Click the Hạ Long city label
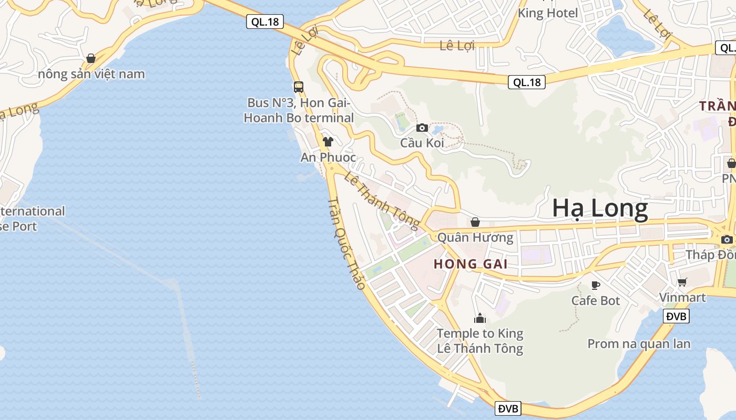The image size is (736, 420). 600,209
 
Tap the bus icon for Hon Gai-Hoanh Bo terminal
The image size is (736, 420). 299,87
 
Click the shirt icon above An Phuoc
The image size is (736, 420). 328,141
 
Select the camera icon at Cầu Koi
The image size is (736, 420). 422,128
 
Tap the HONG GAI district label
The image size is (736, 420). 471,264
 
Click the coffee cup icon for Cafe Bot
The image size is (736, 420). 596,285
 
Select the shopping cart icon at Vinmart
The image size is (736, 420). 682,282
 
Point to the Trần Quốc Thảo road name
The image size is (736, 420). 346,244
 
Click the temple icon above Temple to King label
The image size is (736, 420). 479,318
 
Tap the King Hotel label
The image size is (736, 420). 548,13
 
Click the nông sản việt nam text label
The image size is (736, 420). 91,74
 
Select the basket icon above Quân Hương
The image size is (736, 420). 475,222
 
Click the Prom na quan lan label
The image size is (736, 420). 639,344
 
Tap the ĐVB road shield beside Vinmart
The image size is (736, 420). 677,316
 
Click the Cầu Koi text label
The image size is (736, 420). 422,143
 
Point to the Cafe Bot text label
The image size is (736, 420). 596,301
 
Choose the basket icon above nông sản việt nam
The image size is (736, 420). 91,58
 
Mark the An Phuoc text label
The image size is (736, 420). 328,157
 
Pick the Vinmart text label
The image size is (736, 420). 682,297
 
